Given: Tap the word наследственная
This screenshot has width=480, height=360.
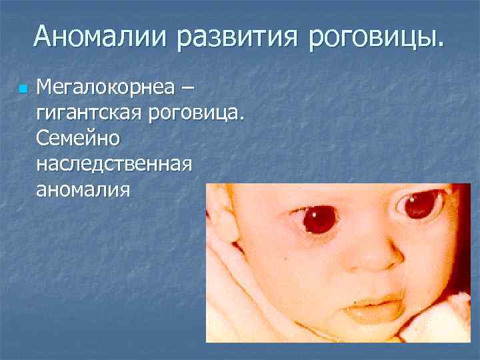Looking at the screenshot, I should click(x=115, y=164).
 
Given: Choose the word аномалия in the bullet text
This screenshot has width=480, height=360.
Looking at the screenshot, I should click(x=83, y=189).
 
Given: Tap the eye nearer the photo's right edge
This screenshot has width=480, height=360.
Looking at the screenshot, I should click(x=420, y=204).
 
